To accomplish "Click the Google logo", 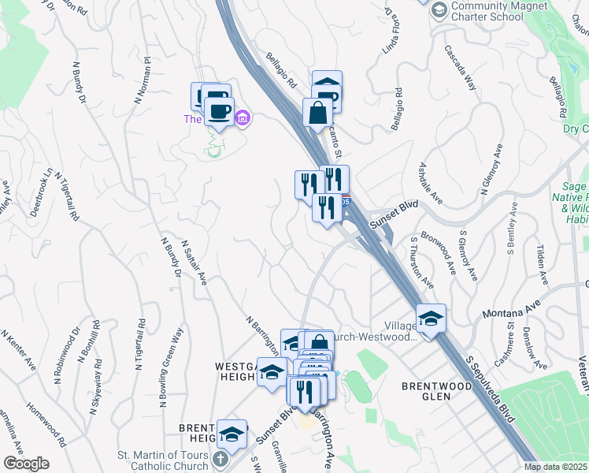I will click(x=26, y=463).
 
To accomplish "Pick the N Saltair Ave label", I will click(x=194, y=262).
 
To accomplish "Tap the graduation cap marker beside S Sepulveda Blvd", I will click(x=432, y=318).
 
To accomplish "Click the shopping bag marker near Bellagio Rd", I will click(x=317, y=113).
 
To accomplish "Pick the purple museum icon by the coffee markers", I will click(x=243, y=118).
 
